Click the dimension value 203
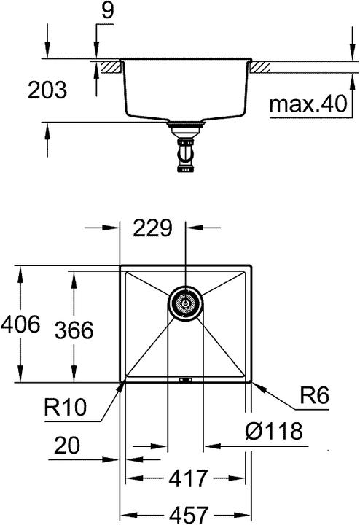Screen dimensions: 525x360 pyautogui.click(x=47, y=91)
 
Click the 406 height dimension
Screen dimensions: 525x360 pyautogui.click(x=20, y=323)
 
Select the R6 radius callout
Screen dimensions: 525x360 pyautogui.click(x=314, y=397)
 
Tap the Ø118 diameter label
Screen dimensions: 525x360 pyautogui.click(x=273, y=432)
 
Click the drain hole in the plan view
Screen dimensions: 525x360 pyautogui.click(x=186, y=302)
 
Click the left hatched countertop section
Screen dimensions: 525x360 pyautogui.click(x=110, y=66)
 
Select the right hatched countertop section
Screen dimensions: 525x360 pyautogui.click(x=261, y=66)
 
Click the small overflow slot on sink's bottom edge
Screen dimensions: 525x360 pyautogui.click(x=185, y=379)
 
